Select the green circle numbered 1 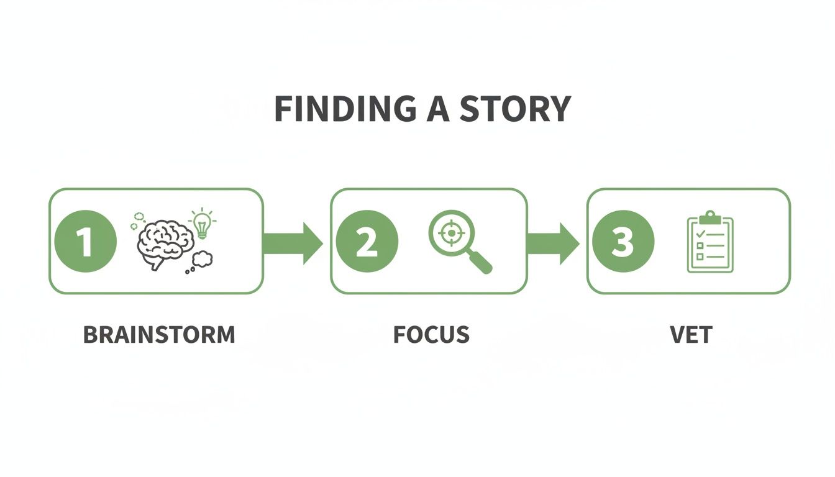(x=86, y=241)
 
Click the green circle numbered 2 (x=367, y=241)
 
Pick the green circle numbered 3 (x=623, y=241)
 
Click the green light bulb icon (x=202, y=224)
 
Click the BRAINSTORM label (x=159, y=335)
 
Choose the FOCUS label (x=431, y=335)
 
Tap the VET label (x=690, y=335)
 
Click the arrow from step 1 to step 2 (x=293, y=241)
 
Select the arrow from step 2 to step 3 (x=553, y=241)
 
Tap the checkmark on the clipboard (x=700, y=234)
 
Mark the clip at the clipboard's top (x=710, y=217)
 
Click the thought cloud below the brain (x=203, y=258)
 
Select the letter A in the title (x=438, y=109)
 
